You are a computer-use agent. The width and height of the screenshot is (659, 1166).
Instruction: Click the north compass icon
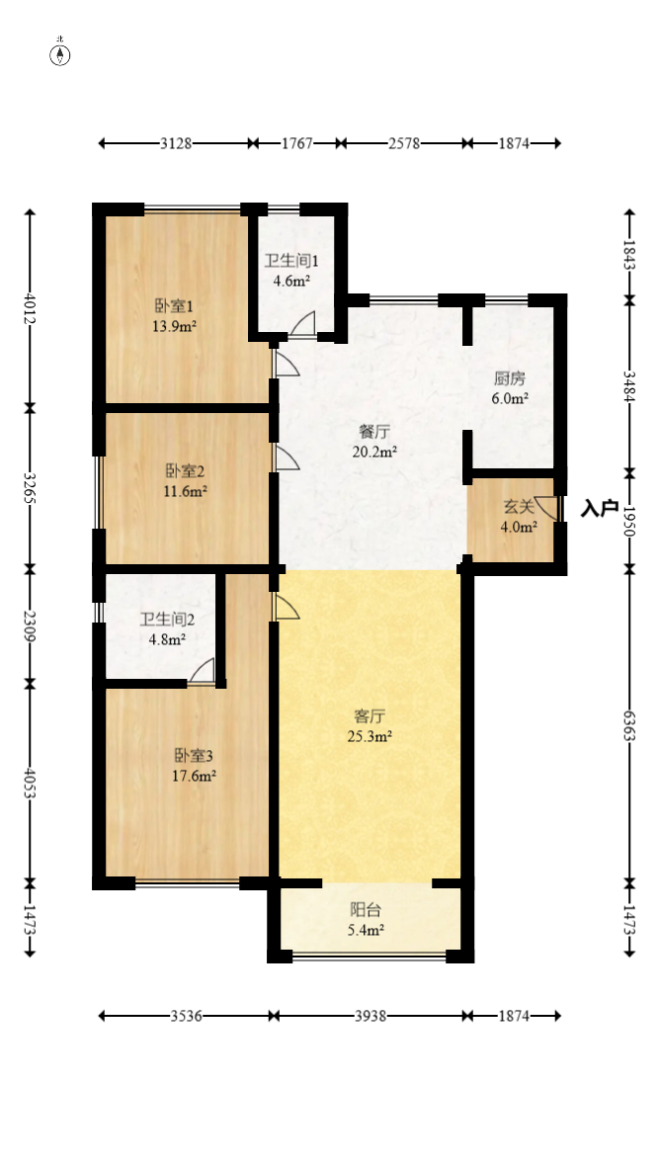click(60, 53)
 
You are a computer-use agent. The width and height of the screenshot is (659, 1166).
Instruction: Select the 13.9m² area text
click(173, 325)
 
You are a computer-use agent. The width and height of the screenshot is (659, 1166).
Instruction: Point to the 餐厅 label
click(372, 432)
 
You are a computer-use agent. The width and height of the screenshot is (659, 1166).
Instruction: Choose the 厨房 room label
click(510, 377)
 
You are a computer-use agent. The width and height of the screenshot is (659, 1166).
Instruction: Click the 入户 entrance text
click(600, 509)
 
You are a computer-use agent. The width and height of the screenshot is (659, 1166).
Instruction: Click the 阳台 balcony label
click(366, 910)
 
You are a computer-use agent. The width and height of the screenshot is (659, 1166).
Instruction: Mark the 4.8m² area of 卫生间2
click(166, 638)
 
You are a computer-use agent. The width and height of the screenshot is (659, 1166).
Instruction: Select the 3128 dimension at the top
click(176, 143)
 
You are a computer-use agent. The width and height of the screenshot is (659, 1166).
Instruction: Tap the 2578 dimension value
click(404, 143)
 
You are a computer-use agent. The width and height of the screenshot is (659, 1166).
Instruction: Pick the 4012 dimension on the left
click(30, 307)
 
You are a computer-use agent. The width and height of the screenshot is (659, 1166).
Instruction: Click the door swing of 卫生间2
click(203, 671)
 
